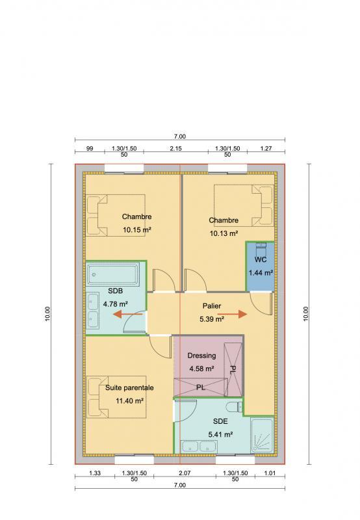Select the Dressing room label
click(x=201, y=356)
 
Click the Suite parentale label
click(x=129, y=387)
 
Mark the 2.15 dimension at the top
click(x=175, y=149)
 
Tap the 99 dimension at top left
click(x=90, y=149)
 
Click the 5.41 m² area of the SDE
click(x=221, y=434)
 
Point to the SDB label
click(x=116, y=291)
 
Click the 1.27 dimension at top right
click(x=265, y=149)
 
